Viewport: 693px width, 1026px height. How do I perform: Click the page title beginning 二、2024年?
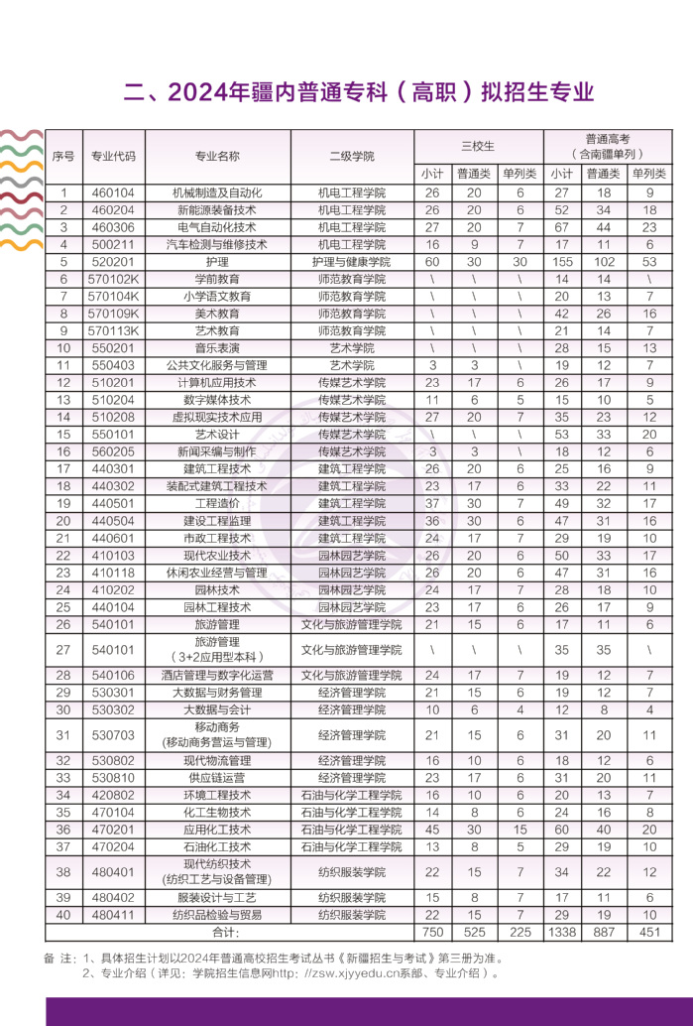coord(358,93)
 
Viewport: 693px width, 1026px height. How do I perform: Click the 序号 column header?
coord(63,156)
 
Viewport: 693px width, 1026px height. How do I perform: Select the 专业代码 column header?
coord(113,156)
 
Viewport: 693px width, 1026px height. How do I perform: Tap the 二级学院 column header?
coord(352,156)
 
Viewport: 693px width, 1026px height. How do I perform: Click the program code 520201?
coord(112,262)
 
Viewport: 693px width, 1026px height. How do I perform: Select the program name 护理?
coord(217,262)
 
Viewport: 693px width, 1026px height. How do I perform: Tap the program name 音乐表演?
coord(217,348)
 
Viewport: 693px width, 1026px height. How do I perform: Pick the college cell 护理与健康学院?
coord(352,262)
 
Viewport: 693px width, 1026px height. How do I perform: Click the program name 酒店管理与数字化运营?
coord(217,675)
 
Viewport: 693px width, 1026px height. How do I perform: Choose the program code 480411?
coord(112,914)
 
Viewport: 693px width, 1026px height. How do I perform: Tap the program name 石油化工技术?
coord(217,846)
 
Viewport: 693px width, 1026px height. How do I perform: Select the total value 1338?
coord(561,932)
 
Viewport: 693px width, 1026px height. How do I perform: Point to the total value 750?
coord(432,932)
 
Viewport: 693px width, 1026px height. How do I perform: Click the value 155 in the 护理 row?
coord(561,262)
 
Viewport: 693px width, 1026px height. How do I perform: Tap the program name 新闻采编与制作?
coord(217,451)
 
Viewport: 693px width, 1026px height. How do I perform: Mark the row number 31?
coord(63,734)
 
